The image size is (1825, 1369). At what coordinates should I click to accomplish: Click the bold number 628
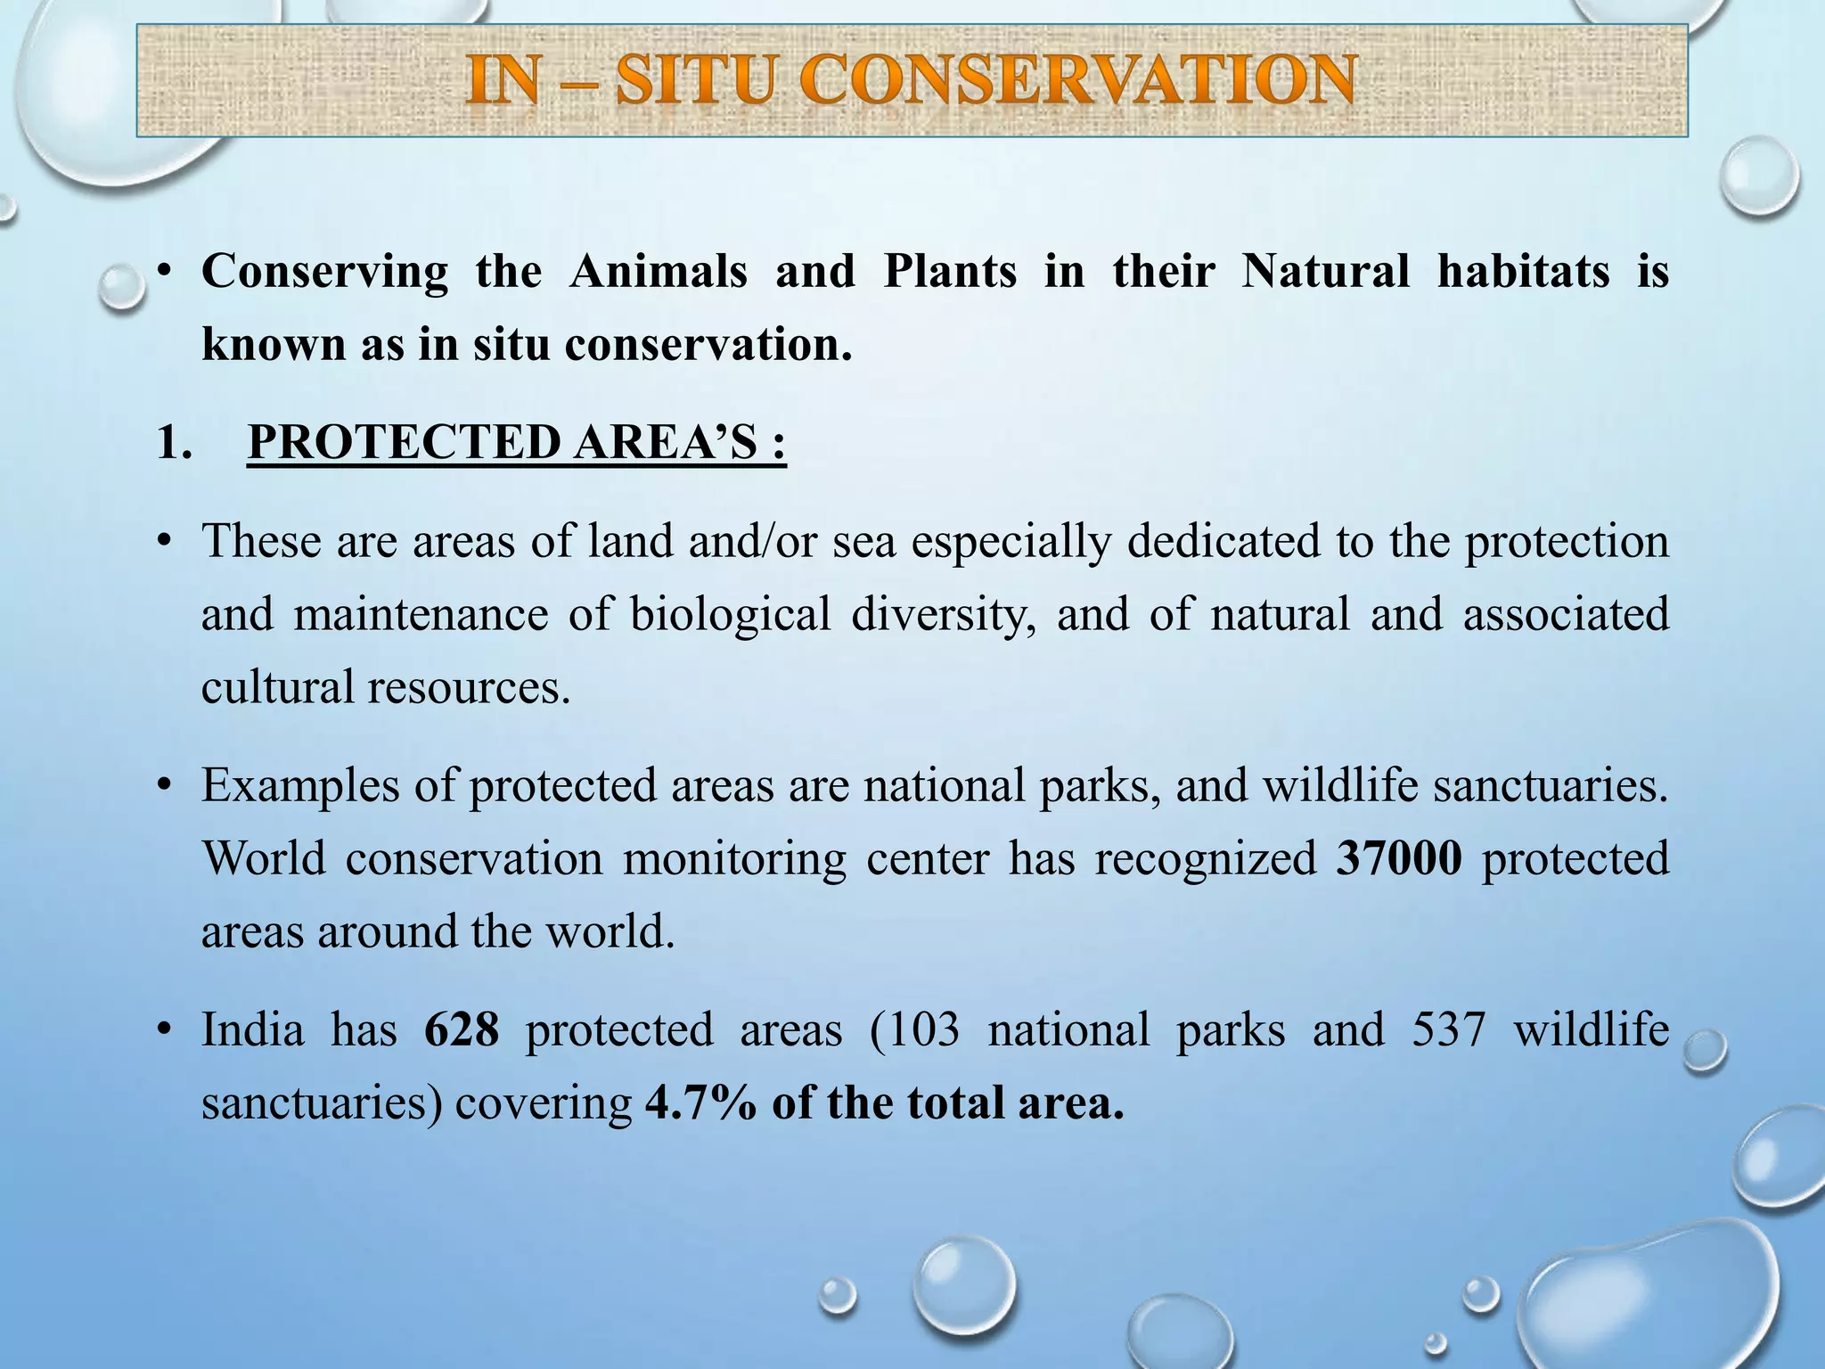461,1030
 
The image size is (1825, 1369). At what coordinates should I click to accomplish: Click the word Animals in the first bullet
658,271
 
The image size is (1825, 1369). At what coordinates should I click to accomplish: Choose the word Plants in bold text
949,271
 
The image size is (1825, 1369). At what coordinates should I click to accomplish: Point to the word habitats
1523,271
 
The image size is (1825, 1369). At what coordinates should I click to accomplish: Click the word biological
730,615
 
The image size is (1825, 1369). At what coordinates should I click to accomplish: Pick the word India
252,1030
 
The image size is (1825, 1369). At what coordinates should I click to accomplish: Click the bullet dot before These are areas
162,542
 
